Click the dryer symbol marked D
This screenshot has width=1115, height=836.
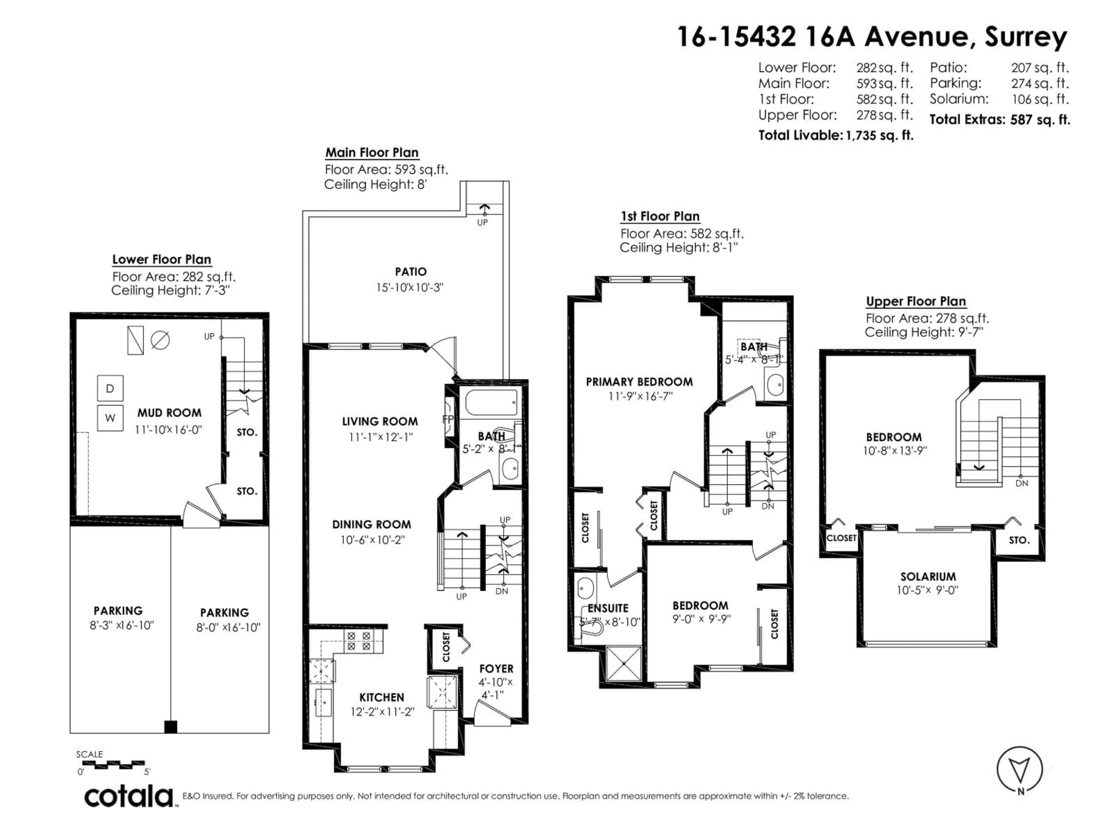(x=110, y=388)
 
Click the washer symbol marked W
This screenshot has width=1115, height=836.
(x=110, y=418)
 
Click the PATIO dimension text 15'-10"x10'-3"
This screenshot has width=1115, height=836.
(x=409, y=288)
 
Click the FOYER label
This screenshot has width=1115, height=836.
(x=496, y=669)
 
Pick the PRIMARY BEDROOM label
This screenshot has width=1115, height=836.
(x=639, y=382)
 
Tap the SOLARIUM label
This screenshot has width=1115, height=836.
(x=928, y=576)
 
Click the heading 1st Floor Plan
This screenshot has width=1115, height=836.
(x=660, y=217)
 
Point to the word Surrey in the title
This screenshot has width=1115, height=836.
(x=1026, y=37)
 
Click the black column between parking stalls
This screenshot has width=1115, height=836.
(x=171, y=727)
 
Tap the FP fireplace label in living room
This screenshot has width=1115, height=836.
(x=448, y=419)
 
